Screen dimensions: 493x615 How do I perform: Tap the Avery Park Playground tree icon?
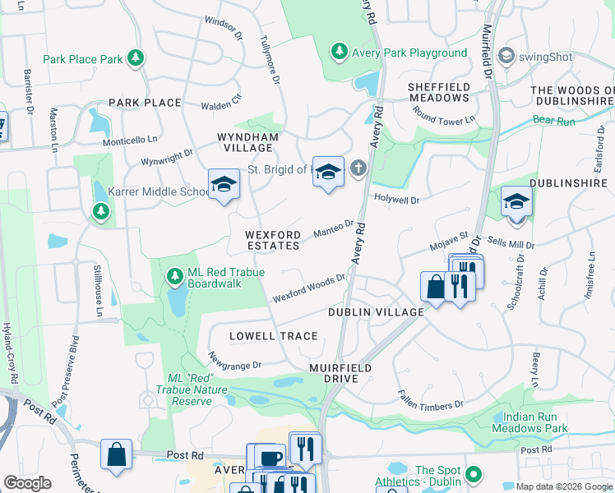(x=339, y=53)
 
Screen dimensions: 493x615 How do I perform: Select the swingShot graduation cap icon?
(x=506, y=55)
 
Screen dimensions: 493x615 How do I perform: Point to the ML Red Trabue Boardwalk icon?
(x=174, y=274)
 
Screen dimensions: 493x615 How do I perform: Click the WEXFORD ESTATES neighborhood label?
(x=272, y=240)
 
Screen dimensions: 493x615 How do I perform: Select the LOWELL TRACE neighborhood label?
(x=273, y=336)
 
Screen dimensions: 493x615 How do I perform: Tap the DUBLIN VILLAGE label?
(x=376, y=312)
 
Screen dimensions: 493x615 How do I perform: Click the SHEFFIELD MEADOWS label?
(x=440, y=92)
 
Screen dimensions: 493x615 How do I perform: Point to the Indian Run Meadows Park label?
(x=529, y=422)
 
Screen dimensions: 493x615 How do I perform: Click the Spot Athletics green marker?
(x=473, y=475)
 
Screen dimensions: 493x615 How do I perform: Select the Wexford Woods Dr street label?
(x=308, y=288)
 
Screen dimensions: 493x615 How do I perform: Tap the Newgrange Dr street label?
(x=234, y=361)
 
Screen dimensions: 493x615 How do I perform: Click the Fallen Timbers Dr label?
(x=430, y=399)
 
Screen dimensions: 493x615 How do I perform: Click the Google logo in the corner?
(x=27, y=483)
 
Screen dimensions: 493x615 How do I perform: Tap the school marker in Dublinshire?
(x=516, y=202)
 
